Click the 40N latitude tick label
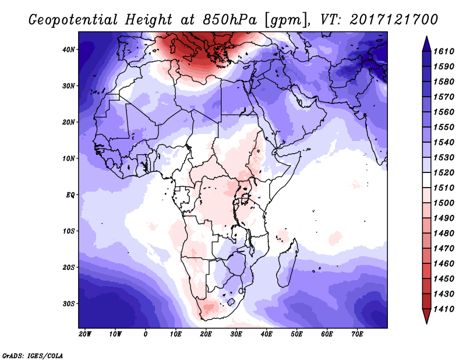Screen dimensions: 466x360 pyautogui.click(x=68, y=50)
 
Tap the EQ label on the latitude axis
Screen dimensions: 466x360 pyautogui.click(x=70, y=195)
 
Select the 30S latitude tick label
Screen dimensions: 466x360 pyautogui.click(x=68, y=303)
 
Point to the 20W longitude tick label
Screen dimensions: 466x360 pyautogui.click(x=85, y=334)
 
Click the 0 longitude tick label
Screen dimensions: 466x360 pyautogui.click(x=145, y=334)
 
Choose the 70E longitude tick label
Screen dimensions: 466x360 pyautogui.click(x=357, y=334)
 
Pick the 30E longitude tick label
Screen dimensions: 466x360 pyautogui.click(x=236, y=334)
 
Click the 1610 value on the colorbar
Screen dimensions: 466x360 pyautogui.click(x=444, y=51)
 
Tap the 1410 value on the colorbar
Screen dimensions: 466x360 pyautogui.click(x=444, y=309)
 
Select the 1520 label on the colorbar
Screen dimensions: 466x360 pyautogui.click(x=444, y=172)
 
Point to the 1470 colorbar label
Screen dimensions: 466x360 pyautogui.click(x=444, y=249)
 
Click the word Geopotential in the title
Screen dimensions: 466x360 pyautogui.click(x=73, y=20)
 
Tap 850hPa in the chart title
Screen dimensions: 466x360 pyautogui.click(x=230, y=20)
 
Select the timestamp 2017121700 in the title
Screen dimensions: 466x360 pyautogui.click(x=394, y=20)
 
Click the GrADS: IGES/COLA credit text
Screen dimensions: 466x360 pyautogui.click(x=33, y=355)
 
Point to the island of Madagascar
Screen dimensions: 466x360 pyautogui.click(x=287, y=264)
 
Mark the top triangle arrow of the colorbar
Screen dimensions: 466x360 pyautogui.click(x=426, y=44)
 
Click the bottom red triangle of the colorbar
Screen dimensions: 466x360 pyautogui.click(x=426, y=316)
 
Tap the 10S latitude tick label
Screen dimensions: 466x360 pyautogui.click(x=68, y=231)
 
